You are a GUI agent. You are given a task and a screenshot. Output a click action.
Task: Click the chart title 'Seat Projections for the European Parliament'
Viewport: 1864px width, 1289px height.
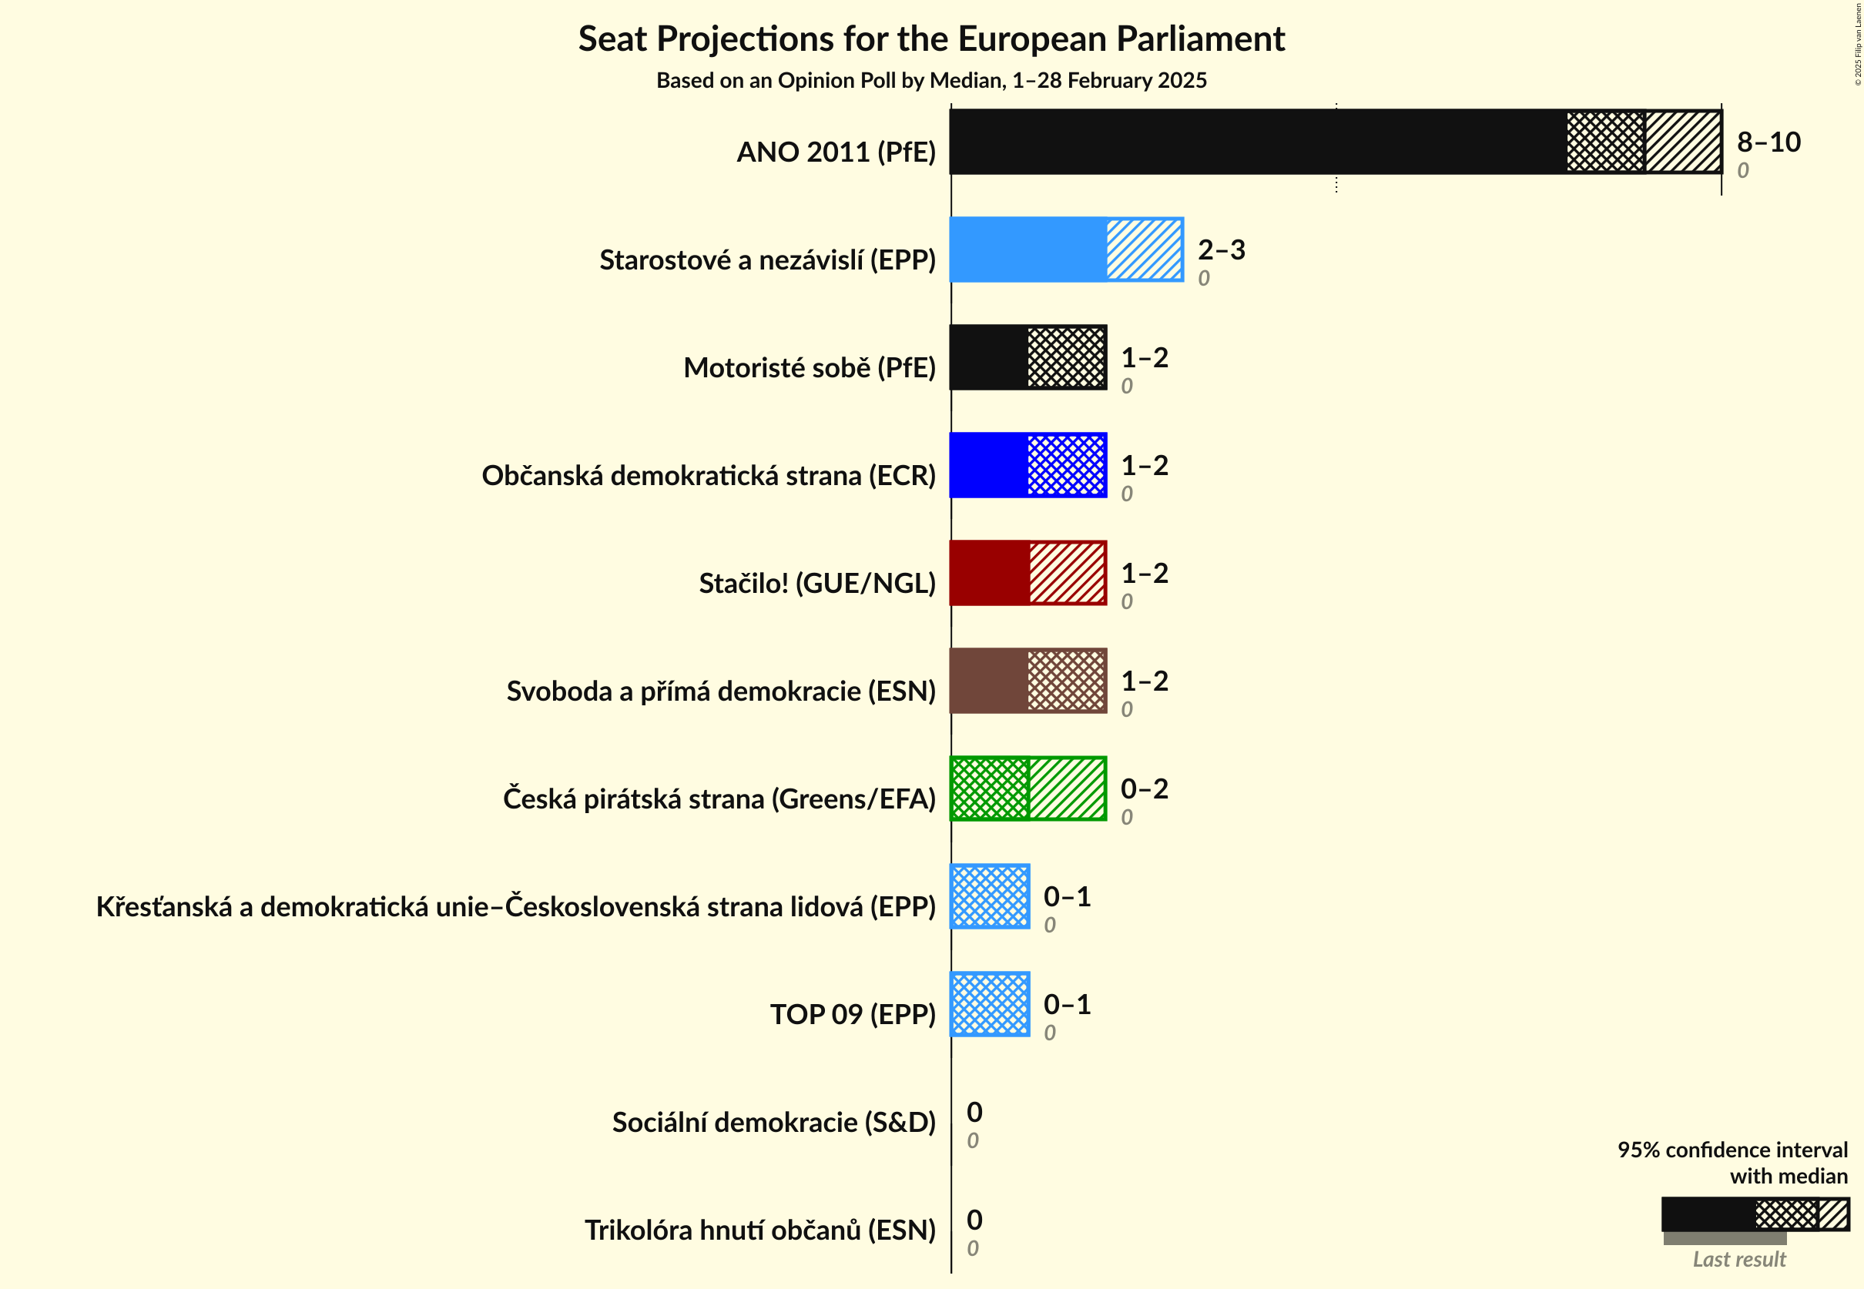(x=930, y=39)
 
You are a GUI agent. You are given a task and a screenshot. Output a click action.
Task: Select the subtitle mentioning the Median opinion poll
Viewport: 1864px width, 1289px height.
(x=930, y=81)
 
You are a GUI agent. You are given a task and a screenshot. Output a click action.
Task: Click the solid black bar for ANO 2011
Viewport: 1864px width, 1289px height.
(x=1257, y=142)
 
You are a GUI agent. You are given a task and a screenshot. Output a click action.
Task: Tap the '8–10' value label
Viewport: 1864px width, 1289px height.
(x=1768, y=142)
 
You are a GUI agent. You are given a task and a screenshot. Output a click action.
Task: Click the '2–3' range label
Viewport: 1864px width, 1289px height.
(x=1221, y=249)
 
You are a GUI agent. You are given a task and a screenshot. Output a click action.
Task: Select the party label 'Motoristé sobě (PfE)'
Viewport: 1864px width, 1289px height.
(x=809, y=367)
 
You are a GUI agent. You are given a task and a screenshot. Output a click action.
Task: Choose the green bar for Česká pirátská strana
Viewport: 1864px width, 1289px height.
(x=1028, y=789)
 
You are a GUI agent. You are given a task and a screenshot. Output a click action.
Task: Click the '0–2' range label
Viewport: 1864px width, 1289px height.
(x=1144, y=789)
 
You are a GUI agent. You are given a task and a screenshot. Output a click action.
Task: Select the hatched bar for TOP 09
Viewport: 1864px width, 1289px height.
(x=990, y=1004)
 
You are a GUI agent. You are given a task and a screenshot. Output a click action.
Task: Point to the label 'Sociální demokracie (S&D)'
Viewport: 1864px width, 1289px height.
(x=773, y=1122)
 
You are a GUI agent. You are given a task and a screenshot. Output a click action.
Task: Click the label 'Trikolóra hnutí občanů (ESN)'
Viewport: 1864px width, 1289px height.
(x=759, y=1230)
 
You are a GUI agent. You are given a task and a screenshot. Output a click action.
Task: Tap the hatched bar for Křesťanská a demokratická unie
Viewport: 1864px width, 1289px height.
(x=990, y=896)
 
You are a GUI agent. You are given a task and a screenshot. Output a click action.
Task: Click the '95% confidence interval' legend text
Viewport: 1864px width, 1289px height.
(x=1732, y=1150)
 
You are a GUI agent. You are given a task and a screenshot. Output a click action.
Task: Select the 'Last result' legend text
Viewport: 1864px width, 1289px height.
(x=1738, y=1259)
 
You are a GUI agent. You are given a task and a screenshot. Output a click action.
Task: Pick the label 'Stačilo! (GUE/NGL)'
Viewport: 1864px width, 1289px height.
(x=817, y=583)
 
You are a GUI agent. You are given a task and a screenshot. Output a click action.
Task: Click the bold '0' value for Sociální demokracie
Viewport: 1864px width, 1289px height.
(x=974, y=1112)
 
